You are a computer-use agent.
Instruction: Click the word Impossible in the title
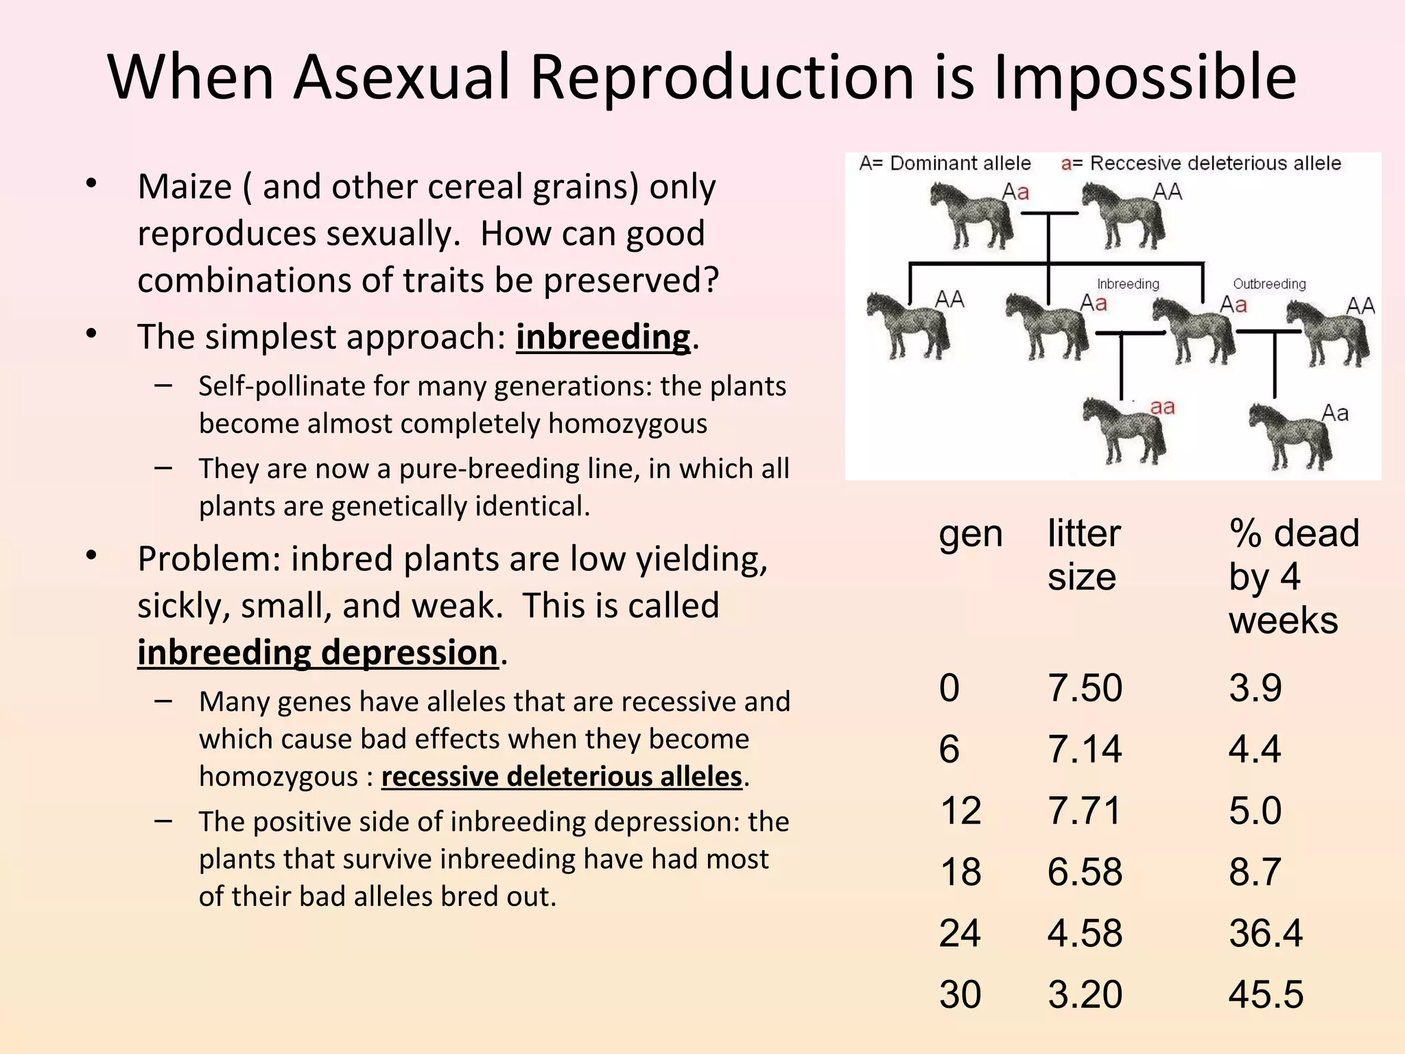1144,77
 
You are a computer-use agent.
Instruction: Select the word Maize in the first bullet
185,187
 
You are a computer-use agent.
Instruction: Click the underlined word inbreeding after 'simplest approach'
602,337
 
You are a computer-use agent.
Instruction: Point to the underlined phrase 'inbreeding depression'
317,652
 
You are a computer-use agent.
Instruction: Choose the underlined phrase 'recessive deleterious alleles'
561,777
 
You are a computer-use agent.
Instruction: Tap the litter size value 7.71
1084,810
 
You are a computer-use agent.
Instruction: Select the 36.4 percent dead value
1265,933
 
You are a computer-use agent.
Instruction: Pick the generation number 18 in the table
960,872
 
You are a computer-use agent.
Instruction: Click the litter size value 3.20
1084,994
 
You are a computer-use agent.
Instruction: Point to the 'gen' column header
970,535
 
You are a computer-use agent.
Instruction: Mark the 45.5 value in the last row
1265,994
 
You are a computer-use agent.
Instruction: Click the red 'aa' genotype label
1162,407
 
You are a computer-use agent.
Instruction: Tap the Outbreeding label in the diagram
1269,284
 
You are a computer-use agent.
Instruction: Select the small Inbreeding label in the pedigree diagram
1128,284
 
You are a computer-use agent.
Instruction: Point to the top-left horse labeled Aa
969,216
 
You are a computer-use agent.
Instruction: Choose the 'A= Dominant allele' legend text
945,163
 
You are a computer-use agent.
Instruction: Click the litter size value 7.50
1084,688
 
